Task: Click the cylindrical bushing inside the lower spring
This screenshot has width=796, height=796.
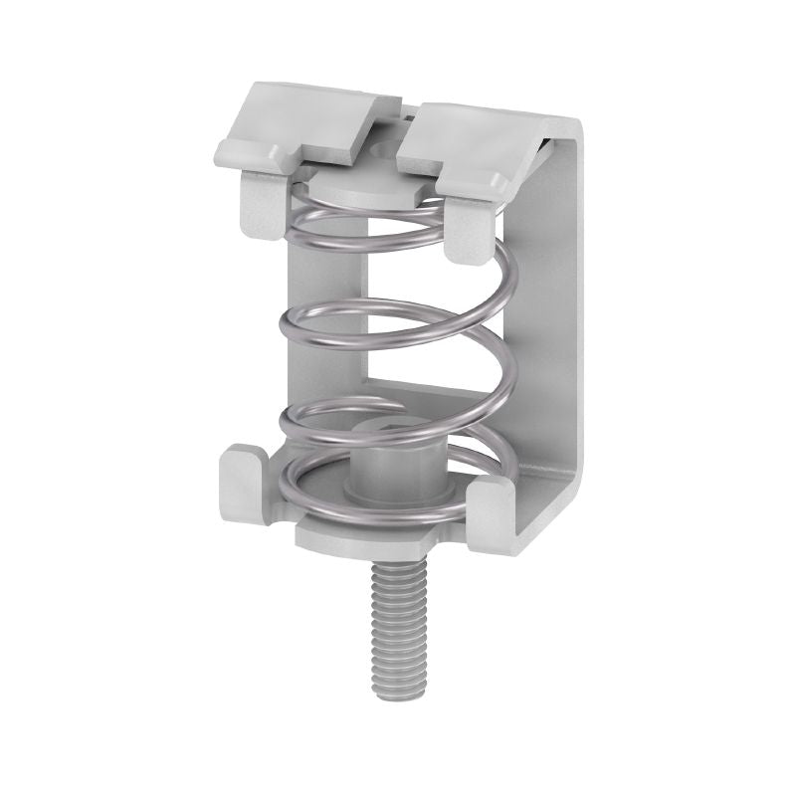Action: coord(383,473)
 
